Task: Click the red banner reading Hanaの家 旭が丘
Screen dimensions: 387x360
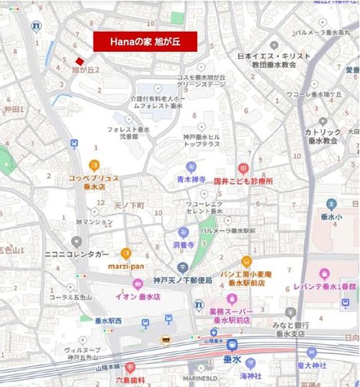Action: [145, 42]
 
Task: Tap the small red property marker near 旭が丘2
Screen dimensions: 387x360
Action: [80, 61]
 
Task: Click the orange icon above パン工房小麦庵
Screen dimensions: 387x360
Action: [246, 262]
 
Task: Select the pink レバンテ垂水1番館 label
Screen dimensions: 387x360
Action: [323, 286]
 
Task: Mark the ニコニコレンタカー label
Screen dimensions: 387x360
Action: [77, 254]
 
